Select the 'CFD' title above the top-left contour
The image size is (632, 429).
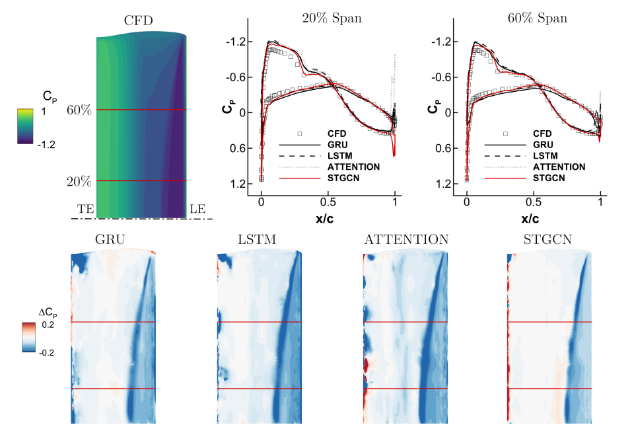pyautogui.click(x=139, y=21)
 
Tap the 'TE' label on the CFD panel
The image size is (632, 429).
pyautogui.click(x=86, y=209)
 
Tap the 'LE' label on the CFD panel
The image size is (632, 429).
pyautogui.click(x=197, y=209)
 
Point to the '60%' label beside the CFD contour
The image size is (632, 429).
pyautogui.click(x=79, y=110)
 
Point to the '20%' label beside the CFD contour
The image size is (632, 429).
pyautogui.click(x=79, y=181)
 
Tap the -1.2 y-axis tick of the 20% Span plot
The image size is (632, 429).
pyautogui.click(x=237, y=42)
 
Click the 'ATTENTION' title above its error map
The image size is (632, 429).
pyautogui.click(x=406, y=239)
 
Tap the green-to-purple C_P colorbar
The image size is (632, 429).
pyautogui.click(x=24, y=126)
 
